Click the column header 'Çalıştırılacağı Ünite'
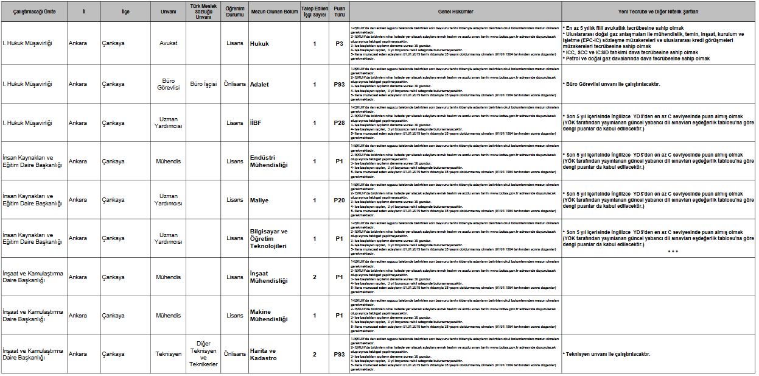point(34,12)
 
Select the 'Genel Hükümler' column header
point(455,12)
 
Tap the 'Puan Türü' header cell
point(339,12)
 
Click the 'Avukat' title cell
point(168,43)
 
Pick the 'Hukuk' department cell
point(259,43)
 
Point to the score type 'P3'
point(339,43)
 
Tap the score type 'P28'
point(339,123)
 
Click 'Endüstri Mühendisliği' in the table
point(269,161)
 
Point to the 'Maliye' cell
point(259,200)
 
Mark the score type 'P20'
point(339,200)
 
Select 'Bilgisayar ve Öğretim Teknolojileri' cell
point(268,238)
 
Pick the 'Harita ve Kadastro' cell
point(264,354)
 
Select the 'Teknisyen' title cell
point(168,354)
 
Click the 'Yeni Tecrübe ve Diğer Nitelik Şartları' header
point(659,12)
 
